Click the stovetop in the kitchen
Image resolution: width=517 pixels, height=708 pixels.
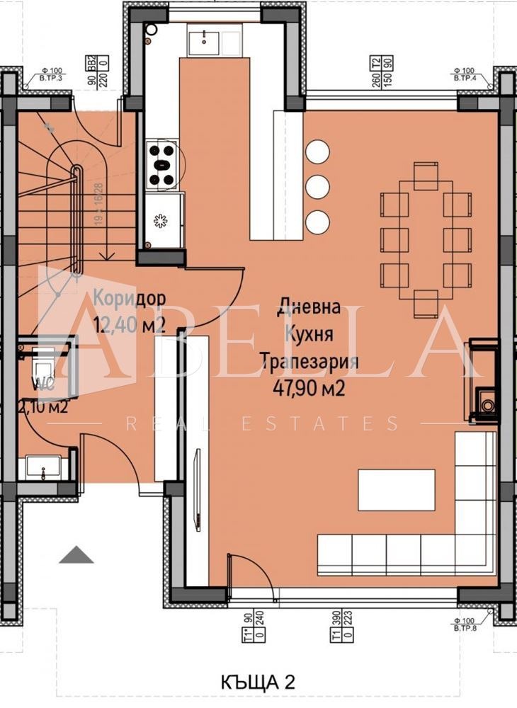coord(161,164)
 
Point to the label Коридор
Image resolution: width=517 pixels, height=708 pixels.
coord(130,299)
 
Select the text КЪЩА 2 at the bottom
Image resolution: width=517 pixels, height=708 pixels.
coord(257,682)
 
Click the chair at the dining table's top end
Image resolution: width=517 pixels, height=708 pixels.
coord(426,176)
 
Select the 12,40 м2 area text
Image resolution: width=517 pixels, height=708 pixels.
coord(130,324)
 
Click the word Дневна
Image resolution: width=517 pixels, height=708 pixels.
coord(309,308)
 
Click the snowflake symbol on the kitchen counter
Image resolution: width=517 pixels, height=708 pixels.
coord(161,221)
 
